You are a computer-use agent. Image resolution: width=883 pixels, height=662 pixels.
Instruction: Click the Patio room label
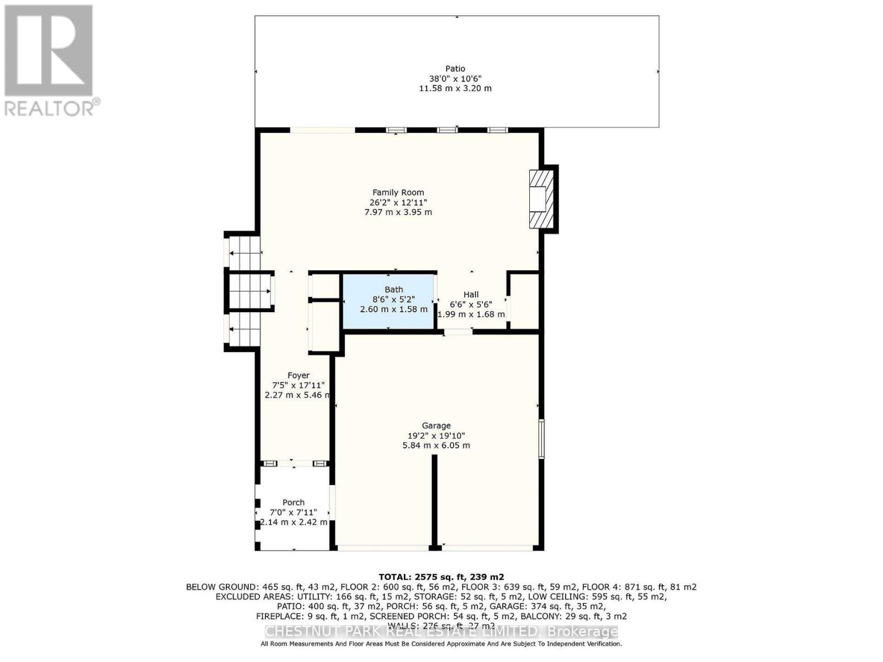point(455,69)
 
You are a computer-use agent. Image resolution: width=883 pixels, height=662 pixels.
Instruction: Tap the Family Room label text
point(398,193)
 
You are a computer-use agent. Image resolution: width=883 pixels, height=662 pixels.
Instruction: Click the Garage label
point(436,425)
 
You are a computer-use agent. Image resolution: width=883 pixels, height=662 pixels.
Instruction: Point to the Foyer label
point(298,375)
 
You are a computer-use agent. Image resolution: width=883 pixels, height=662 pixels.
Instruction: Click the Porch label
point(293,502)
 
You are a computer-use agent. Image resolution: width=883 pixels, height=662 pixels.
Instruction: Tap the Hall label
point(471,295)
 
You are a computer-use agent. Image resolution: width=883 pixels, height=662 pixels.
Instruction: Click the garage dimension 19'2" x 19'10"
point(436,435)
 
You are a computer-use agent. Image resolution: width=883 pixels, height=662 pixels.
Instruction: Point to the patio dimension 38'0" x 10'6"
point(455,78)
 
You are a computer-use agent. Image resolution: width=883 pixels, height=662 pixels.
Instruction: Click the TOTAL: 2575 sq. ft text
point(441,577)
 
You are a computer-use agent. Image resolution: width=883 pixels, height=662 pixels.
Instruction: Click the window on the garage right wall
point(541,439)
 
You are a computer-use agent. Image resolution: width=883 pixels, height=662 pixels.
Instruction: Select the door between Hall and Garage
point(458,332)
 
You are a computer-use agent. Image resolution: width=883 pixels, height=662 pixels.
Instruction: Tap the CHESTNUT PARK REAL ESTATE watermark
point(441,632)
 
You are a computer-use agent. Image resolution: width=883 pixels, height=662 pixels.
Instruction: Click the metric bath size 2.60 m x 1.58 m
point(393,309)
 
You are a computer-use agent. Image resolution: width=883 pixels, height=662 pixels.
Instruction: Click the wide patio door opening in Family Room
point(322,130)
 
